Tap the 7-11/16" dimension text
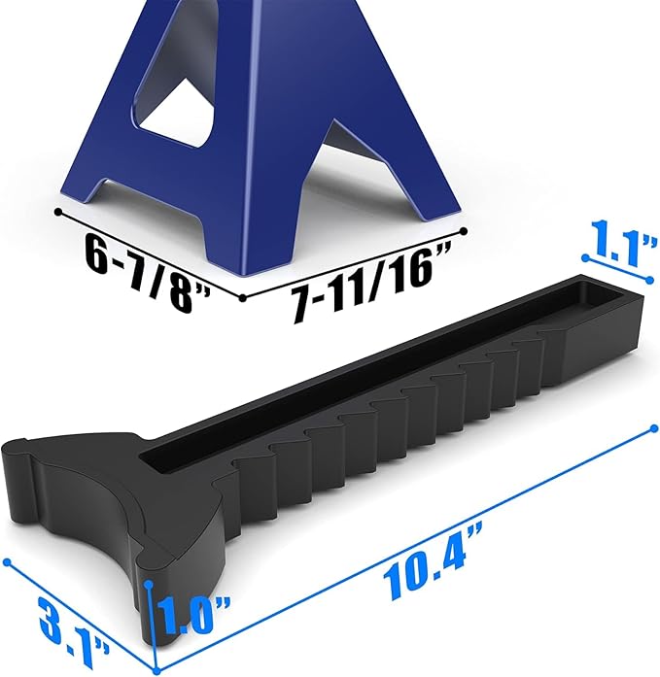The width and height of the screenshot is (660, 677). pyautogui.click(x=370, y=283)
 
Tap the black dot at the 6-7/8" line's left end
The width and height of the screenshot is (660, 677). pyautogui.click(x=58, y=211)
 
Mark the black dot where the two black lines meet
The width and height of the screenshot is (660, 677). pyautogui.click(x=243, y=297)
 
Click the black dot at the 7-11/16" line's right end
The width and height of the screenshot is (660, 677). pyautogui.click(x=464, y=231)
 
